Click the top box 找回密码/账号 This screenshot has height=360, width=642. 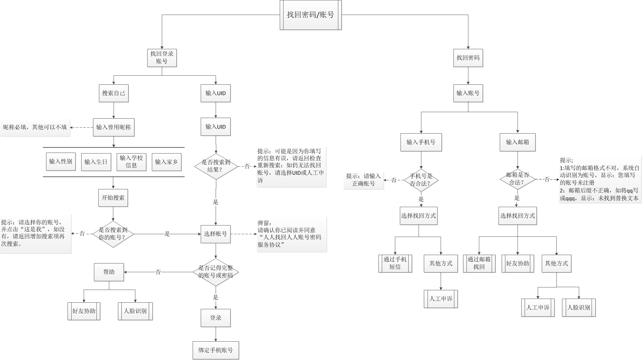coord(311,15)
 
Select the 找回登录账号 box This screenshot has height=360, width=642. coord(162,58)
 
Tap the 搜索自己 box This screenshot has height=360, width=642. coord(114,93)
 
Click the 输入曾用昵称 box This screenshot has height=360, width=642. coord(114,127)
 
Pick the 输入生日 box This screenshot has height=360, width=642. coord(96,162)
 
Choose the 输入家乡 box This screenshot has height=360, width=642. coord(166,162)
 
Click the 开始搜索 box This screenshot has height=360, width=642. coord(113,198)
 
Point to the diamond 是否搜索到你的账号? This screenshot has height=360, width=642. coord(113,234)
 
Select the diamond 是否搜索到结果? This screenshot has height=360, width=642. coord(216,166)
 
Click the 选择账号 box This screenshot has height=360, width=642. coord(215,234)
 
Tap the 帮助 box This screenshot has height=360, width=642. coord(109,272)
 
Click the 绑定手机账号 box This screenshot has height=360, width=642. coord(216,350)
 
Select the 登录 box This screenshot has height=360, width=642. coord(216,318)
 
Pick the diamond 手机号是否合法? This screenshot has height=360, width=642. coord(421,180)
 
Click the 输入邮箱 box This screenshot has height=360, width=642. coord(518,142)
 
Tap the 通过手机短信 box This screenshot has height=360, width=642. coord(395,263)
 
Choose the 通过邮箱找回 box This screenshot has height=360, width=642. coord(479,263)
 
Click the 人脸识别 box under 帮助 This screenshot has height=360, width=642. coord(135,311)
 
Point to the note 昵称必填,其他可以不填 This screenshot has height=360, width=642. coord(35,127)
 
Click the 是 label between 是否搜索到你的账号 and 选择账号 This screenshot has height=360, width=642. coord(167,234)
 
